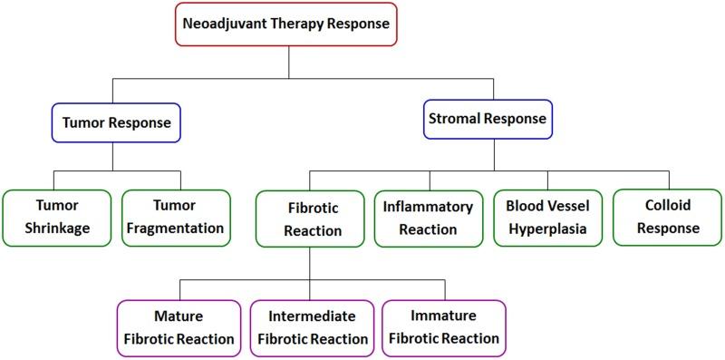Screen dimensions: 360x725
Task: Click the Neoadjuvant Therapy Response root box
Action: click(288, 24)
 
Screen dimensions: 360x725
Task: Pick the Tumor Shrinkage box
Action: click(57, 217)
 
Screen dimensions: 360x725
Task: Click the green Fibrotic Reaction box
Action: click(312, 219)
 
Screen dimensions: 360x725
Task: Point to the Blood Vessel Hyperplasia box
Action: click(547, 218)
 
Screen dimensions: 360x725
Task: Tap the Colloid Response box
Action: click(667, 218)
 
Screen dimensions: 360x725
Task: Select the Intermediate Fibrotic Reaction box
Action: click(313, 328)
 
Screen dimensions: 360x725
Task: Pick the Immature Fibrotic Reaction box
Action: click(440, 327)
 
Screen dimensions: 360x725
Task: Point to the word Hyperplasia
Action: click(547, 229)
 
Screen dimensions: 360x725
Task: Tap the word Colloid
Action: click(667, 207)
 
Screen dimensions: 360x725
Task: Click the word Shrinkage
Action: click(57, 229)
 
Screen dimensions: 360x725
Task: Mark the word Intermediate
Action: click(313, 317)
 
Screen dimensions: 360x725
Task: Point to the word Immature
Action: click(440, 316)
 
